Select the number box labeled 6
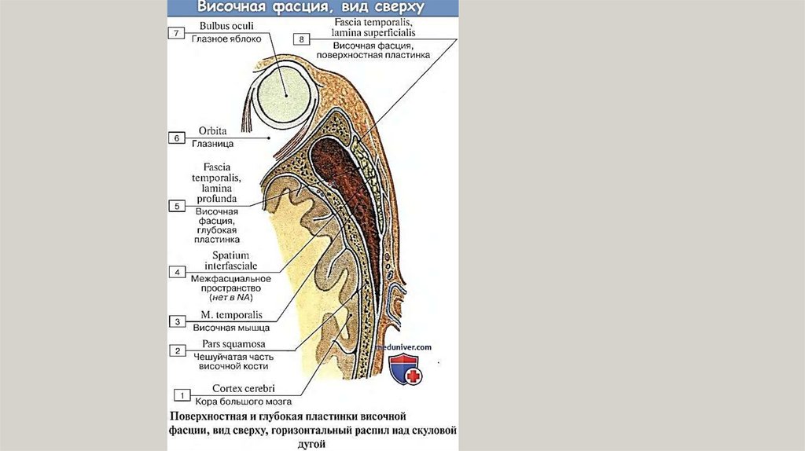177,138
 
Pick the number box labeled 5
177,205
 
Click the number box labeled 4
177,272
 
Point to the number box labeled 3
177,321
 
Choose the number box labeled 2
177,350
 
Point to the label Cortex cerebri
243,388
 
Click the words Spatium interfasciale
226,261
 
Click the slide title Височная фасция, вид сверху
311,9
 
